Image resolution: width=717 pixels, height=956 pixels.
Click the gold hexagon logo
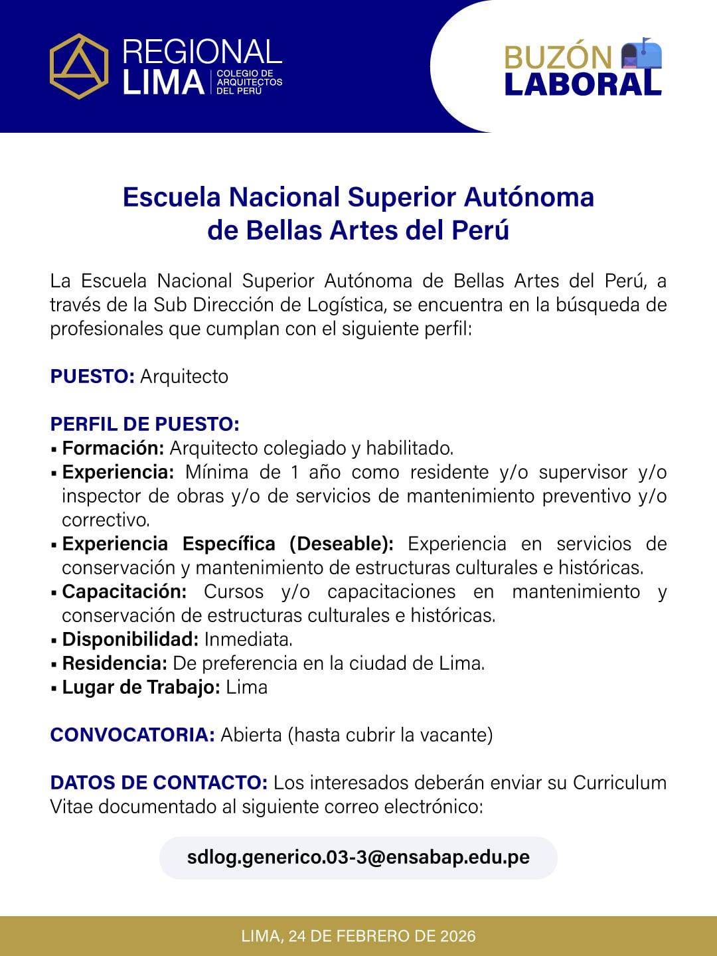(79, 66)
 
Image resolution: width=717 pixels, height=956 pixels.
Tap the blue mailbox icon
(641, 54)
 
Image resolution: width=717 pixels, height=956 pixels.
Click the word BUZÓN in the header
(558, 57)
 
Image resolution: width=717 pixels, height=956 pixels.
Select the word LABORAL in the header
(583, 84)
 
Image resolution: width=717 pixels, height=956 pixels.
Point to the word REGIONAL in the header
(202, 52)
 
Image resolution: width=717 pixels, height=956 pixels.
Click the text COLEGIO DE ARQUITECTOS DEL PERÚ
(249, 82)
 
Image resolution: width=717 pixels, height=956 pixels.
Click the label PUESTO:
(92, 376)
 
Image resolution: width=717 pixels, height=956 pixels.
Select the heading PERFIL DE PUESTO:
(145, 424)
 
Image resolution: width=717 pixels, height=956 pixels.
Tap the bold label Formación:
(113, 448)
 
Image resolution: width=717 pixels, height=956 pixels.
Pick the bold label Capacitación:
(124, 592)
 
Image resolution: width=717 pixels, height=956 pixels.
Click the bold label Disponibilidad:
(130, 639)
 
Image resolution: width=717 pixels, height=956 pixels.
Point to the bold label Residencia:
(114, 663)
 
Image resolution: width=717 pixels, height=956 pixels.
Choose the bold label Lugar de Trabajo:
(141, 687)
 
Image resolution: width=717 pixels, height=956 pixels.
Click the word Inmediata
(248, 639)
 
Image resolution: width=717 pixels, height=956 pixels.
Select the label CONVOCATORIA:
(132, 735)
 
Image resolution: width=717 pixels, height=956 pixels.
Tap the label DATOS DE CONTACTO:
(159, 783)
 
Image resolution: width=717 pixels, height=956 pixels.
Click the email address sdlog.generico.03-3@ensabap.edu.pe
(358, 857)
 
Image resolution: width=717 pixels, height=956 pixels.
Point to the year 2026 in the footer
(457, 936)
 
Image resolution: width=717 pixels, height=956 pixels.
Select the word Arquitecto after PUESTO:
(184, 376)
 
